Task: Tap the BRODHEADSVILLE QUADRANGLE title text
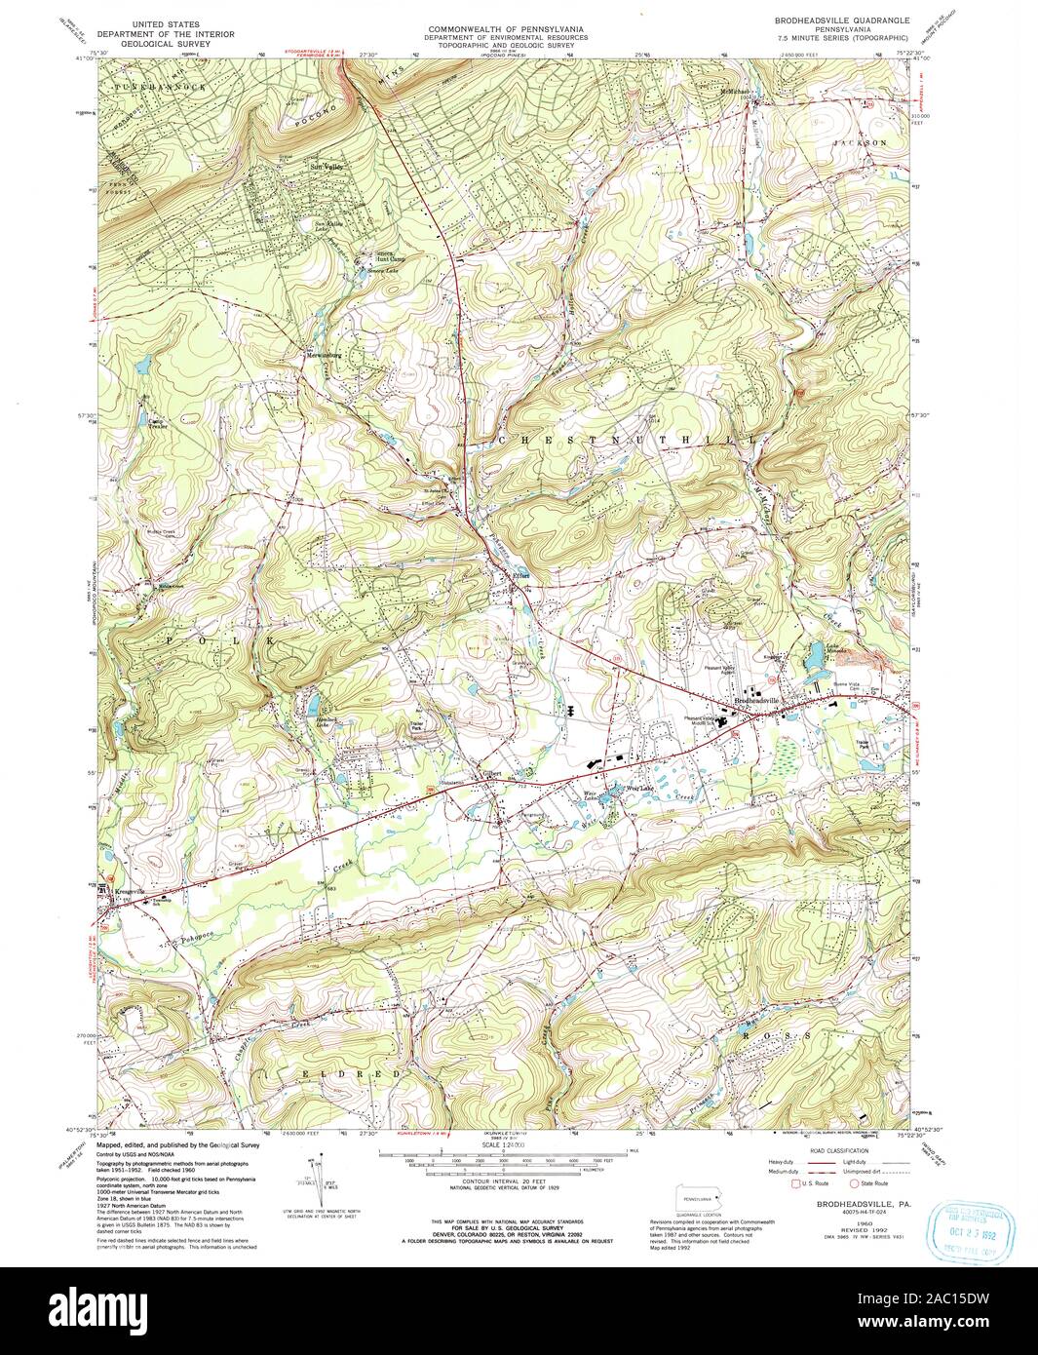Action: (844, 19)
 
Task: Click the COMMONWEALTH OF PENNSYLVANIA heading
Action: (504, 29)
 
